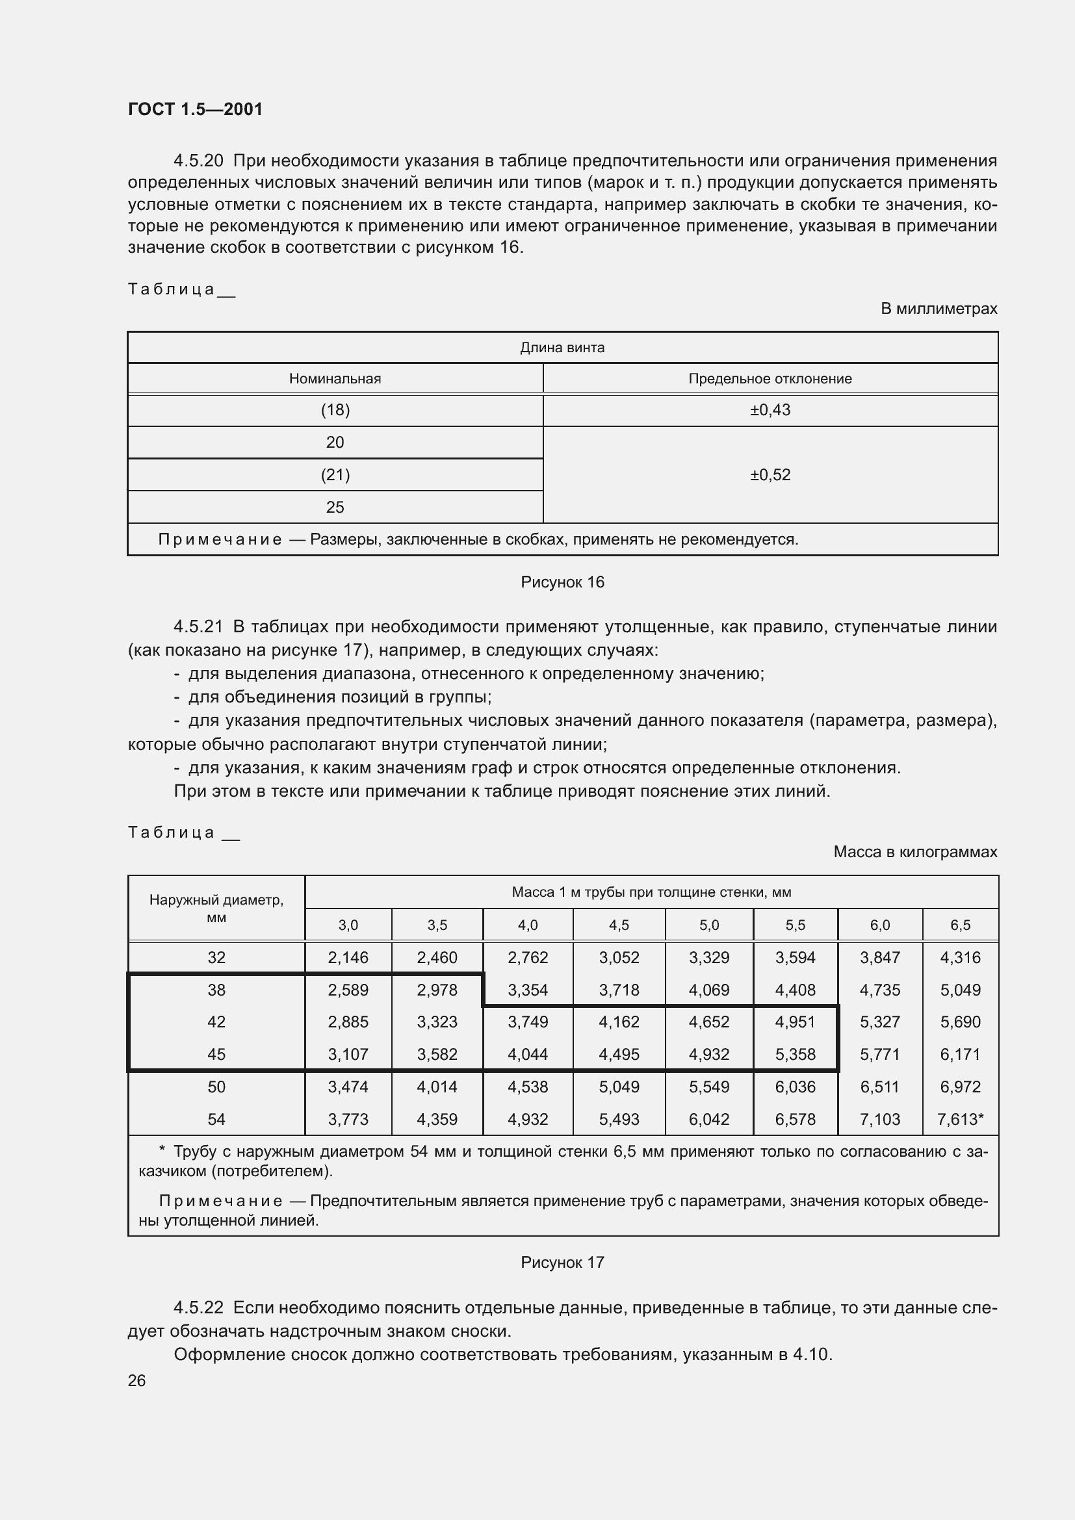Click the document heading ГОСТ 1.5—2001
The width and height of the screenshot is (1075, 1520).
(x=195, y=109)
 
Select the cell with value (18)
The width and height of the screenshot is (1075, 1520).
(x=335, y=410)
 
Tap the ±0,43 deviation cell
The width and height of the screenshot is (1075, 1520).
(x=770, y=410)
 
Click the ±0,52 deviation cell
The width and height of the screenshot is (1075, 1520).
(x=770, y=474)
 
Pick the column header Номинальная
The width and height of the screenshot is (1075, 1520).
(x=335, y=379)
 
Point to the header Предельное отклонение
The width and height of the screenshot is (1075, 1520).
(x=770, y=379)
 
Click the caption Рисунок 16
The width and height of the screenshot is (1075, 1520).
(x=562, y=582)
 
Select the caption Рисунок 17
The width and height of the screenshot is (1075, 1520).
(x=562, y=1262)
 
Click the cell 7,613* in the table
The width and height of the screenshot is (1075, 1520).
(x=960, y=1119)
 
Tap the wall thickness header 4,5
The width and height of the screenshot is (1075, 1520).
(x=619, y=925)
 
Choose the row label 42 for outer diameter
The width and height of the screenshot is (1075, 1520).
(x=216, y=1022)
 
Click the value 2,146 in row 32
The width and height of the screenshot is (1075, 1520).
(x=348, y=957)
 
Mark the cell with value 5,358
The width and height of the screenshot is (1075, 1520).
(x=795, y=1054)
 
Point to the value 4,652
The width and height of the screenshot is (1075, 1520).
(x=709, y=1022)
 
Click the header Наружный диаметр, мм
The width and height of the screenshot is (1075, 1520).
(x=216, y=908)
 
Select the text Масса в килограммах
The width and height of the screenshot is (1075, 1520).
(x=915, y=851)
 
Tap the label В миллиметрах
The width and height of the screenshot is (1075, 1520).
(x=938, y=309)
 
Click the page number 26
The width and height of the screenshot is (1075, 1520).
(x=137, y=1380)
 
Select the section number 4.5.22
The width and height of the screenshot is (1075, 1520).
(x=199, y=1307)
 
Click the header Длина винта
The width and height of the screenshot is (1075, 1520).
(x=562, y=348)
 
